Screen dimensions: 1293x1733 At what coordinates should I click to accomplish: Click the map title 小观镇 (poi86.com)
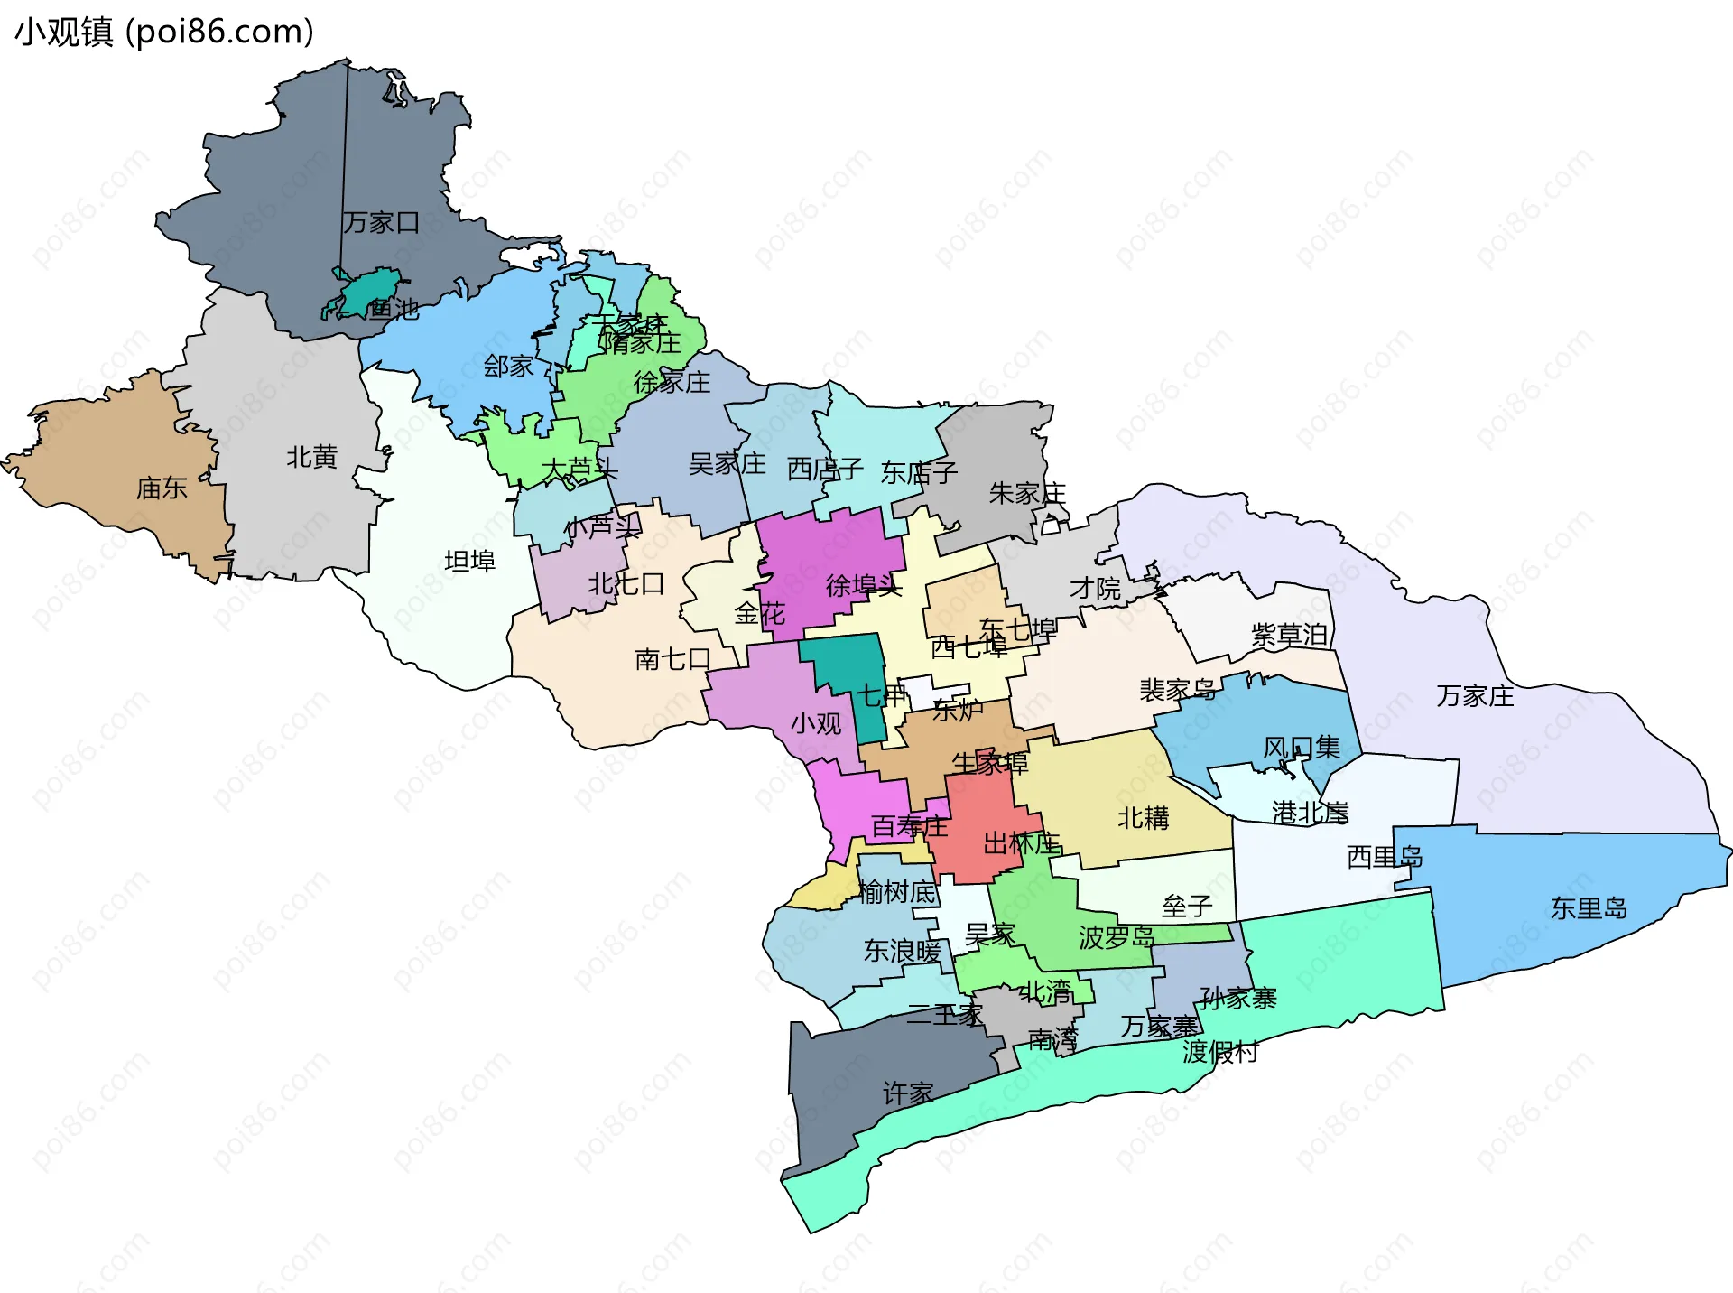tap(164, 33)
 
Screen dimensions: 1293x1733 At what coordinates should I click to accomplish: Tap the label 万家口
tap(381, 222)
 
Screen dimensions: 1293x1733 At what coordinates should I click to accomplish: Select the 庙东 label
tap(162, 488)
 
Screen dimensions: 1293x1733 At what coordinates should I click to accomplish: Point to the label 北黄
tap(311, 458)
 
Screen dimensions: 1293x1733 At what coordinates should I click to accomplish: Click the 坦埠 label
tap(469, 562)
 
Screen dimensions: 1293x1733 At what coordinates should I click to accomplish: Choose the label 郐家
tap(508, 367)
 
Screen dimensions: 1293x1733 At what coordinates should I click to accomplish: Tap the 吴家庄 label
tap(727, 464)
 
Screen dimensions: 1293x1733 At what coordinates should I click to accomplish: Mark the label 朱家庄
tap(1027, 493)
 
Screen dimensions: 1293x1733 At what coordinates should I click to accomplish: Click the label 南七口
tap(673, 659)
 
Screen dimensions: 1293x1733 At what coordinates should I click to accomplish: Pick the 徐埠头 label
tap(864, 586)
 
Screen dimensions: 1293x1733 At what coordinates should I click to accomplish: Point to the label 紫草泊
tap(1289, 635)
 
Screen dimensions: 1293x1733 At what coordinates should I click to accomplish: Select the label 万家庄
tap(1475, 696)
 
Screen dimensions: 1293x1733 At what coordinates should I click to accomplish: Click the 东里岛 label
tap(1589, 908)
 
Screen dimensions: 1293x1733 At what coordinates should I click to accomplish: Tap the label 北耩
tap(1144, 818)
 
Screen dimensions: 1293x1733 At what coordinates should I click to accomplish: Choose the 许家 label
tap(908, 1094)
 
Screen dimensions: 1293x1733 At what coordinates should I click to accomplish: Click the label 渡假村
tap(1220, 1052)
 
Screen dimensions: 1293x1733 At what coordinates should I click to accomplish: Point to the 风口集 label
tap(1301, 748)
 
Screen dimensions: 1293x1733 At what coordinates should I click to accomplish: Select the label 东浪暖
tap(902, 951)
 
